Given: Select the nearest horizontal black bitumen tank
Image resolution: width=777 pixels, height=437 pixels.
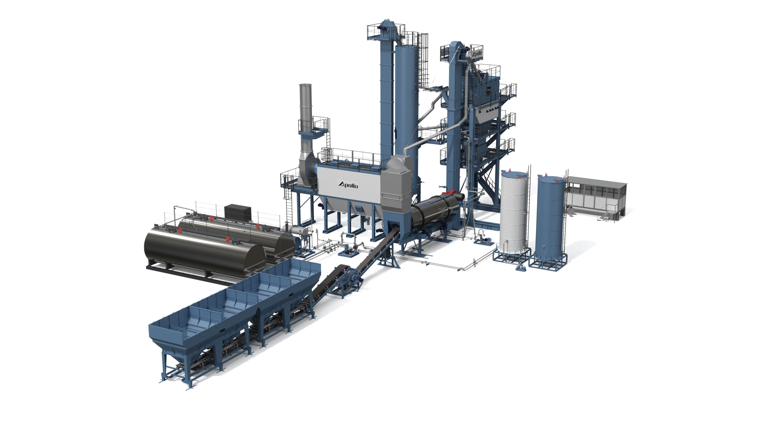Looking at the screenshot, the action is coord(205,252).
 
